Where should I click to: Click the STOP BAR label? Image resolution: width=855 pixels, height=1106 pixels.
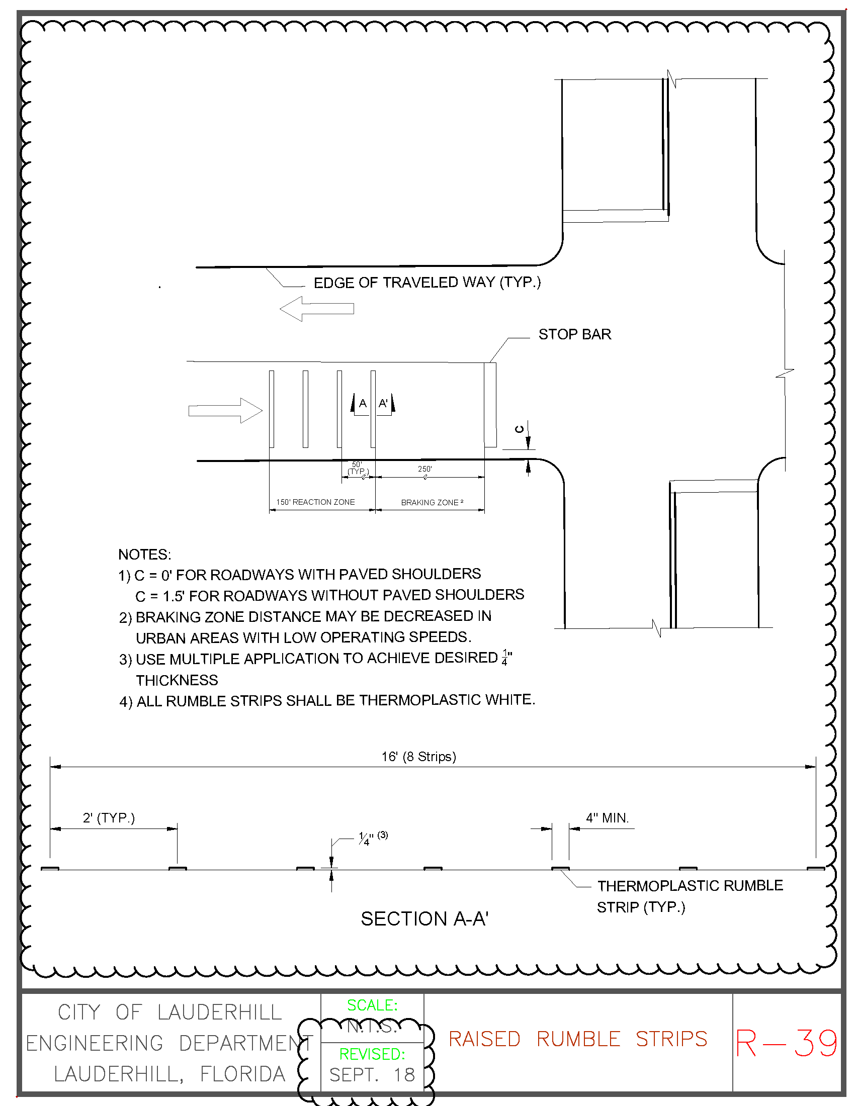click(x=574, y=334)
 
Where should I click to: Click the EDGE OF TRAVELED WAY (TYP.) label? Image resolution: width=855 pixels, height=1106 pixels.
click(x=427, y=283)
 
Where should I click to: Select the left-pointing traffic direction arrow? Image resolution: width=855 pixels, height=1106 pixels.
click(x=316, y=308)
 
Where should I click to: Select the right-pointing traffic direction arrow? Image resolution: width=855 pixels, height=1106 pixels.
click(x=225, y=410)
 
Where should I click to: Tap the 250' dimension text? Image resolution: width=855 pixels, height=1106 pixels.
click(x=424, y=469)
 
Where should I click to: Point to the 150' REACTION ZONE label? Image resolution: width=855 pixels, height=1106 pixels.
click(x=315, y=502)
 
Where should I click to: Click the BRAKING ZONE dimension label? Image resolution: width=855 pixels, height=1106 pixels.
click(x=432, y=502)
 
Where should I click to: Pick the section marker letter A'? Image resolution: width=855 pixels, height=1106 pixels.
click(x=383, y=404)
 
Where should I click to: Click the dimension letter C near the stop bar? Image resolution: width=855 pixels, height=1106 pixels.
click(x=519, y=429)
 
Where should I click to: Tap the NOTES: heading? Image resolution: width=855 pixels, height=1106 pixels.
click(x=144, y=555)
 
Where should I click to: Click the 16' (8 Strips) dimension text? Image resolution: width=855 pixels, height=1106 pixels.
click(x=418, y=757)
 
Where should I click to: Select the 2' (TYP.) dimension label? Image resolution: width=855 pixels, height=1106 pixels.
click(x=109, y=818)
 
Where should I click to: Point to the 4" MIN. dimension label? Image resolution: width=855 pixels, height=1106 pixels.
click(x=607, y=818)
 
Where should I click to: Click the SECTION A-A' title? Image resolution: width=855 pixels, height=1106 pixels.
click(x=424, y=918)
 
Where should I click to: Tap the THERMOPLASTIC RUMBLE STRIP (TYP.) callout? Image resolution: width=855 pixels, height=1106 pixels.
click(x=690, y=896)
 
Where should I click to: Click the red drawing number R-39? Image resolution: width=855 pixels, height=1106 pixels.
click(x=786, y=1043)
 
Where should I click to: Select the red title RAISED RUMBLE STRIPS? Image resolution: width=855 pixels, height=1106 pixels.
click(x=577, y=1039)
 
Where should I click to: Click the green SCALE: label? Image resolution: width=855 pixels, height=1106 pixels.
click(x=372, y=1005)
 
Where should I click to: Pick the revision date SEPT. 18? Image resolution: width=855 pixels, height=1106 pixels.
click(x=372, y=1075)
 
